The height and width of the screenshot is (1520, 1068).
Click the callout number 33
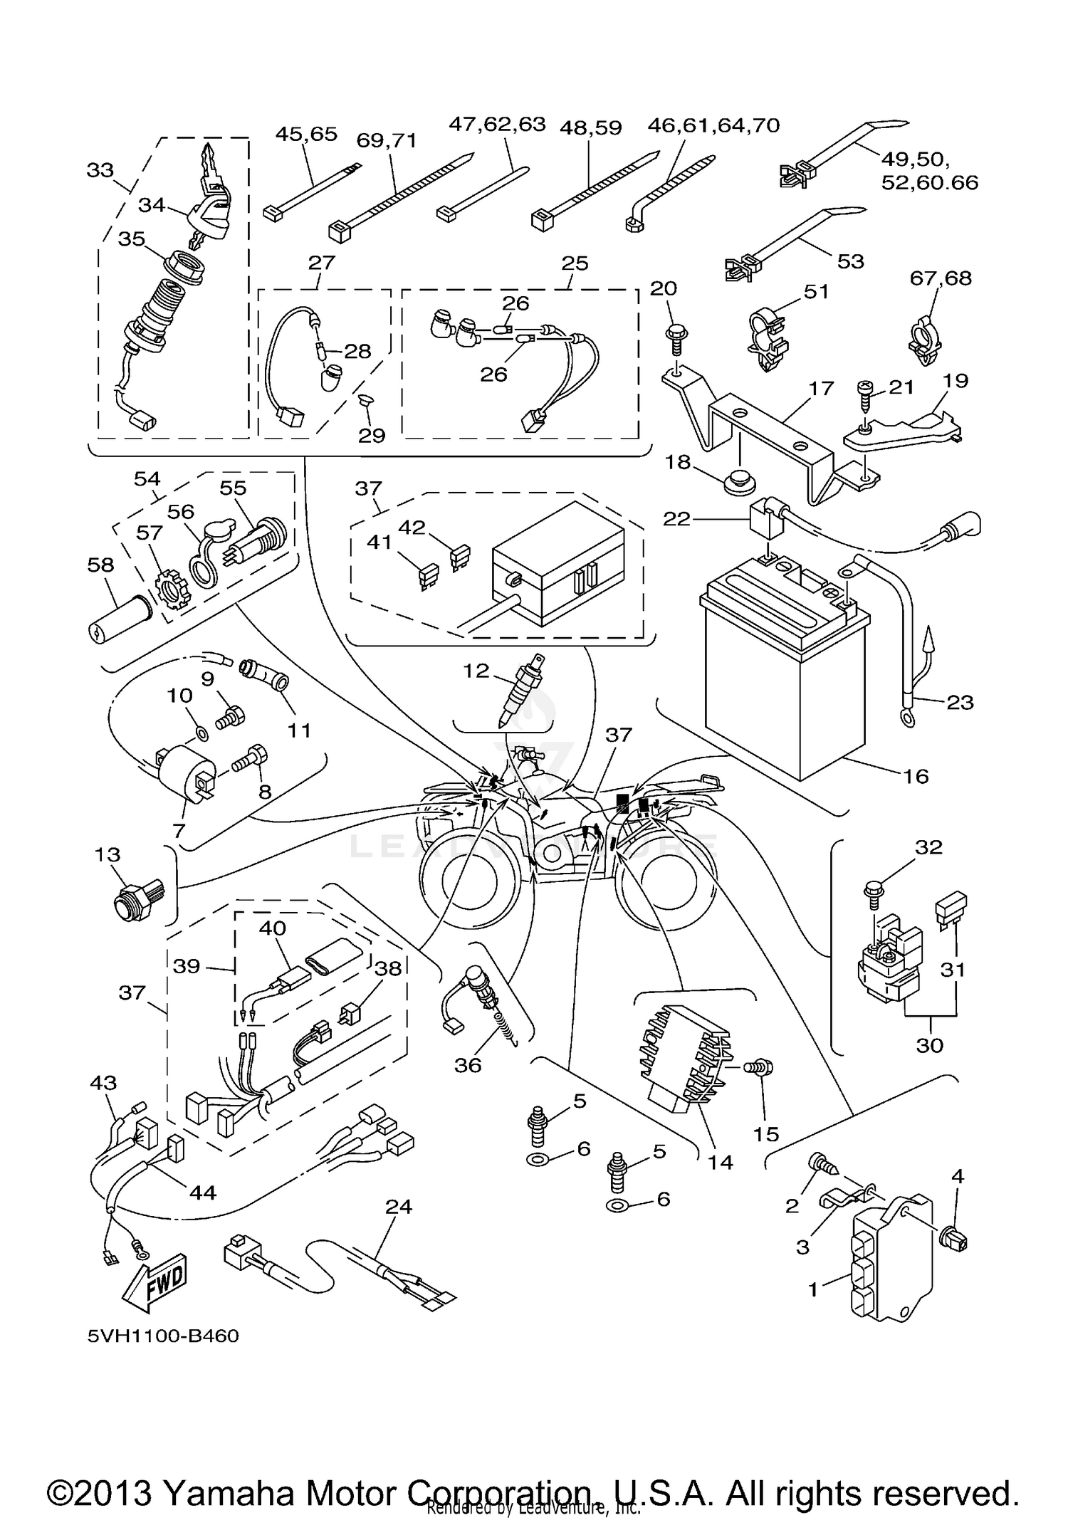[100, 170]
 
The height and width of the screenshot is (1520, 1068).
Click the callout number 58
[100, 565]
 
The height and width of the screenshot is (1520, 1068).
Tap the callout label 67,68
[940, 278]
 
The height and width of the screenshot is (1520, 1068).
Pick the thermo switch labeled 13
[137, 902]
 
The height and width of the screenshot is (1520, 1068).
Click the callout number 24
[399, 1207]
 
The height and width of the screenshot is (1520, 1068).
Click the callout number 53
[850, 261]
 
